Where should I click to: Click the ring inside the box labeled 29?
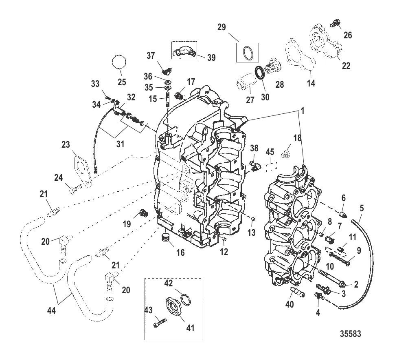coord(248,53)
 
